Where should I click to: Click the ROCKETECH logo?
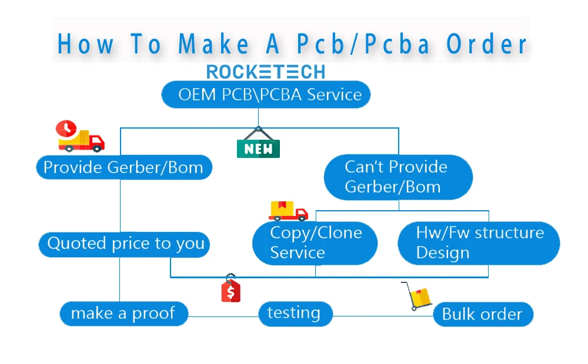click(266, 72)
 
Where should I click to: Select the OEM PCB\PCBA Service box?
click(266, 95)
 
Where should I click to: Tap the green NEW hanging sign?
click(258, 143)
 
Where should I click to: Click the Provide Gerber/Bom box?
click(124, 167)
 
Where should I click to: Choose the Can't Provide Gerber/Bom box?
click(398, 177)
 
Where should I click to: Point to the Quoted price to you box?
click(124, 245)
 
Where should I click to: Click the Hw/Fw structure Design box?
click(479, 243)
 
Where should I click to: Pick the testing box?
click(296, 314)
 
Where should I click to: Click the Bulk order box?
click(483, 314)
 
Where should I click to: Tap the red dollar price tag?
click(231, 288)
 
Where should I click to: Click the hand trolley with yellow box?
click(417, 296)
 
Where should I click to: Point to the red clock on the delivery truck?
click(66, 129)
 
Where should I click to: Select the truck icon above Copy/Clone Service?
click(288, 211)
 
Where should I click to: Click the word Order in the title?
click(487, 44)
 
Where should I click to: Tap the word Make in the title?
click(213, 44)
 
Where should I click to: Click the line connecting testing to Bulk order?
click(383, 316)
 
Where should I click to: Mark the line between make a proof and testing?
click(223, 316)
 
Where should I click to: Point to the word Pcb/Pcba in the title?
click(363, 44)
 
